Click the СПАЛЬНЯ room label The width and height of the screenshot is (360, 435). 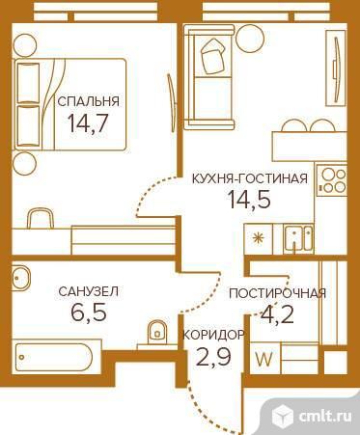(88, 101)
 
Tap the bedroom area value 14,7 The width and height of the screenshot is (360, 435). (87, 122)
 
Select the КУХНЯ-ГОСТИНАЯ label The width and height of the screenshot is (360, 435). (250, 178)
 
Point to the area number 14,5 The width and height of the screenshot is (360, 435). (249, 199)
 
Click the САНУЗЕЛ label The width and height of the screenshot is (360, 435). (89, 291)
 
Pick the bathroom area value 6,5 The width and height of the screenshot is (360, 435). (89, 312)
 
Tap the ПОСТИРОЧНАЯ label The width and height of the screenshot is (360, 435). (277, 293)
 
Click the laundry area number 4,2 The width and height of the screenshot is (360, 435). (277, 314)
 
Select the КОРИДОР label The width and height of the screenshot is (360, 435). (213, 335)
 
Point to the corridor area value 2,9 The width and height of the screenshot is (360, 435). (213, 356)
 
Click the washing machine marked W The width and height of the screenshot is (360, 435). (264, 358)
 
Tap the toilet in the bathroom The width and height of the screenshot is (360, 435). (157, 333)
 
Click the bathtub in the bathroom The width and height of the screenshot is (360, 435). (54, 357)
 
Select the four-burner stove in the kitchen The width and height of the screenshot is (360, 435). (332, 180)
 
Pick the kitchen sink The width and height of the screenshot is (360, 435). (297, 237)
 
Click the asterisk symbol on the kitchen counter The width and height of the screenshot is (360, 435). (258, 238)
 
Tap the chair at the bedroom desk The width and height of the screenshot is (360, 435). (41, 218)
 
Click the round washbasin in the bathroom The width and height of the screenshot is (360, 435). (20, 277)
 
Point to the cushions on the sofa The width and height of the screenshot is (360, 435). (212, 56)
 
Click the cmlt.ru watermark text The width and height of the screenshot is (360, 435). (325, 417)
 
